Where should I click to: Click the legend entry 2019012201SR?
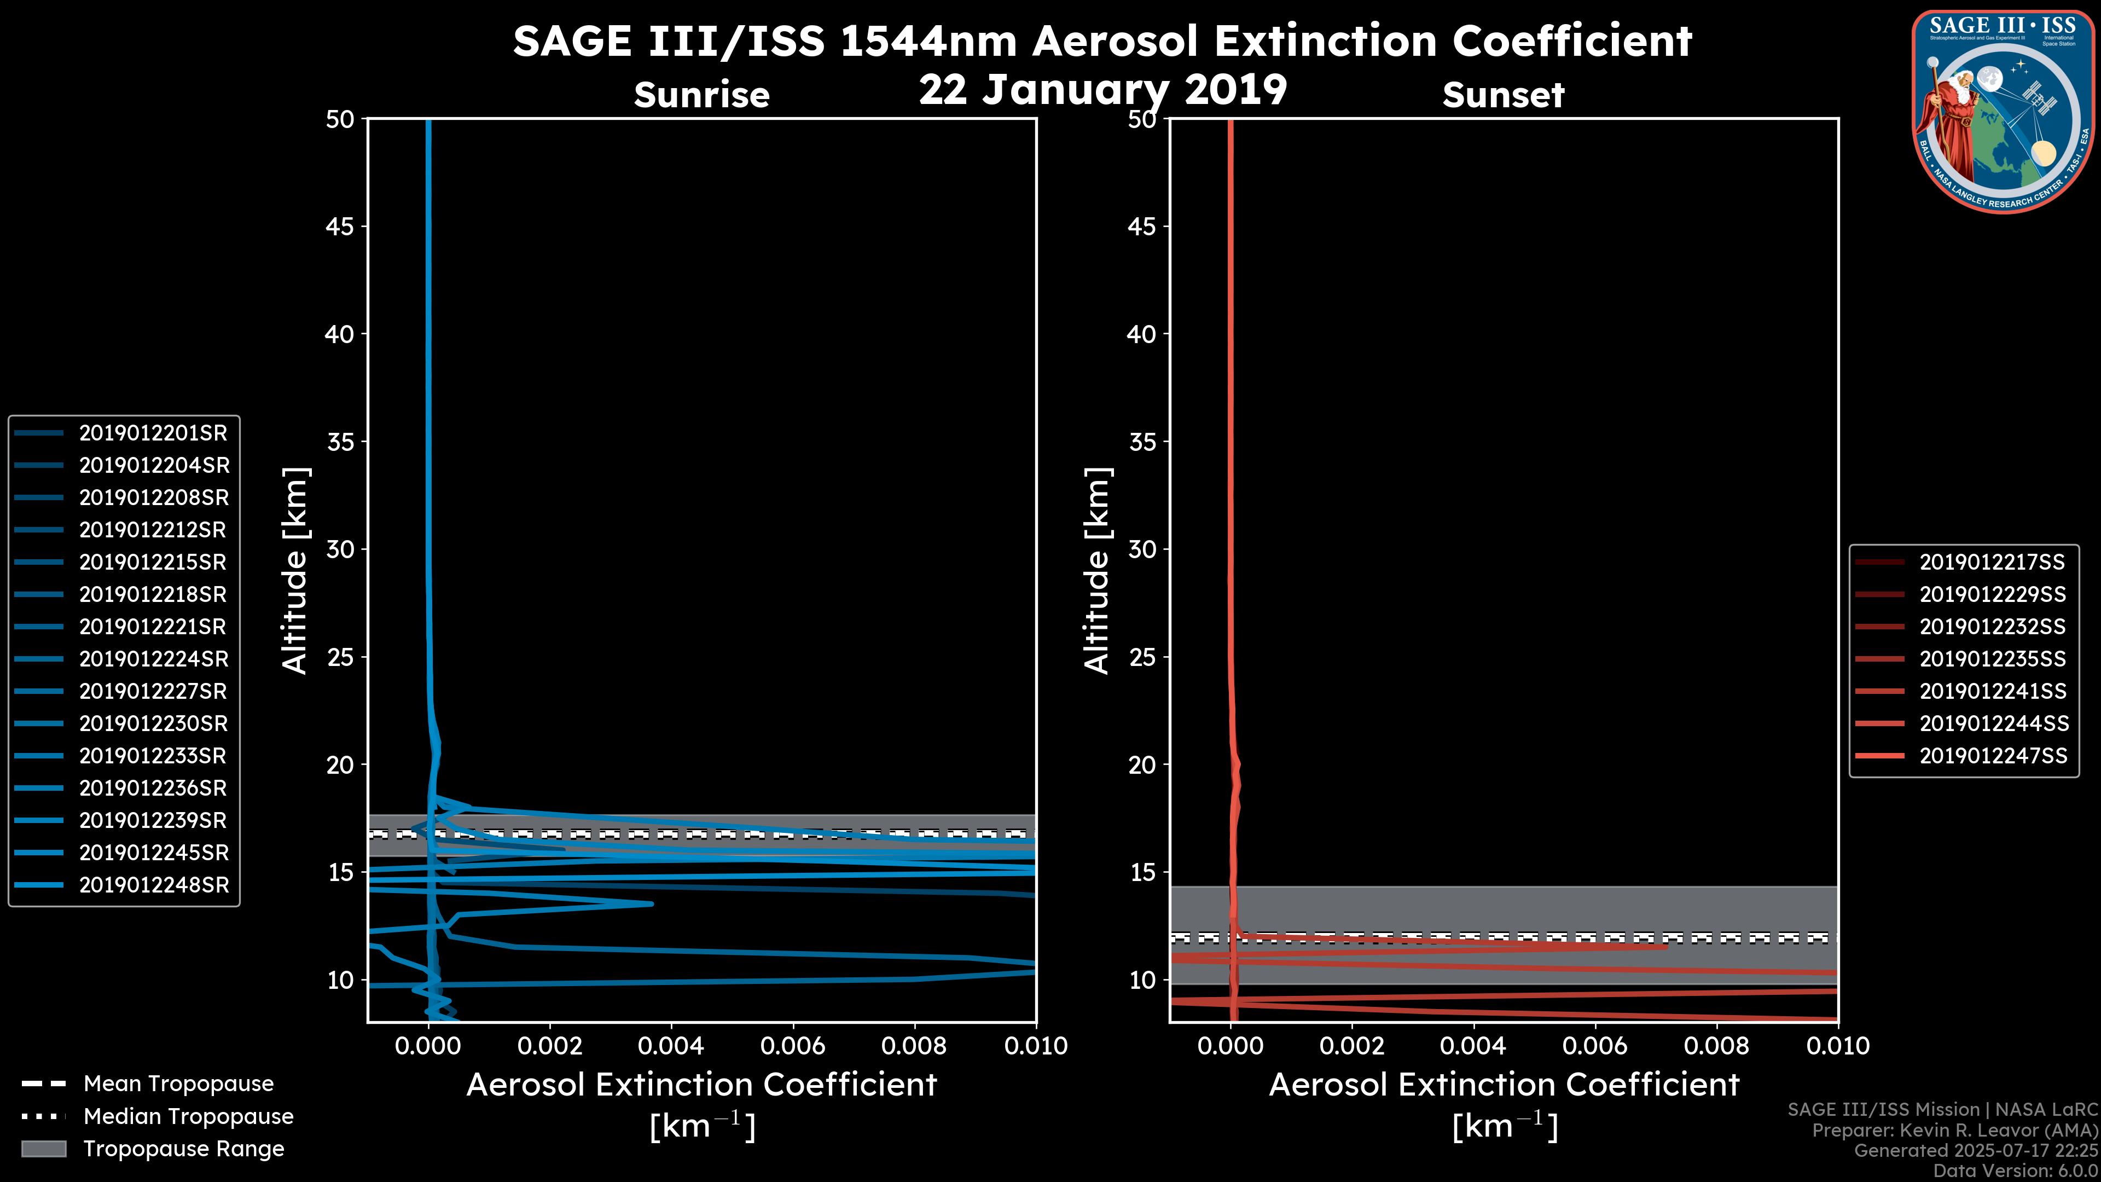(x=153, y=433)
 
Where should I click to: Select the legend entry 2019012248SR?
(x=153, y=885)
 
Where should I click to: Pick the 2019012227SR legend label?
(x=153, y=692)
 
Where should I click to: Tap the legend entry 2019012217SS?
(x=1992, y=562)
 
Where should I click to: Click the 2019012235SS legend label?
(x=1992, y=659)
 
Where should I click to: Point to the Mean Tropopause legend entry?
(x=178, y=1084)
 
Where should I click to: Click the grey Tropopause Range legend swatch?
(x=43, y=1149)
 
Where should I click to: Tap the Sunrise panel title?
(x=701, y=95)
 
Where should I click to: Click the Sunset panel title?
(x=1503, y=95)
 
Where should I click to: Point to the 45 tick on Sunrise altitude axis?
(x=340, y=226)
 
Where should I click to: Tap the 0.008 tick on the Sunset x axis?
(x=1717, y=1046)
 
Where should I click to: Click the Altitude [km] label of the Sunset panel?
(x=1097, y=571)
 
